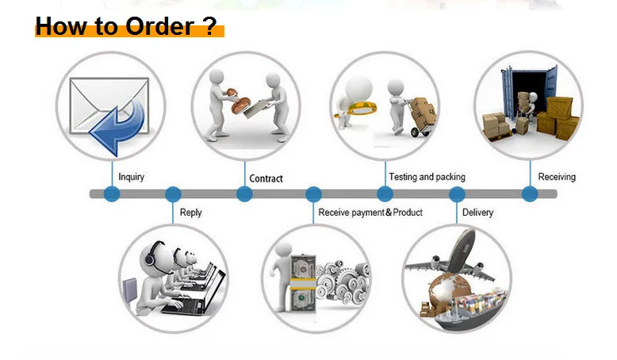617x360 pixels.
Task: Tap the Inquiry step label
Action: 131,177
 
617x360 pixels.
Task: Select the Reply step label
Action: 190,213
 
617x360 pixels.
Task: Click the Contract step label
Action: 266,178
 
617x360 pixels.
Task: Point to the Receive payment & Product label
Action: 370,213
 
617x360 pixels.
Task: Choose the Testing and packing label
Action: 427,177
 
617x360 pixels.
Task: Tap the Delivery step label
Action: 477,213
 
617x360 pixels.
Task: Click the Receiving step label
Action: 557,177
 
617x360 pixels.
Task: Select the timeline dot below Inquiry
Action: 112,194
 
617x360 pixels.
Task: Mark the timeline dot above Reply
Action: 172,194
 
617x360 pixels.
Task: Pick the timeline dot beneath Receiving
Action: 530,194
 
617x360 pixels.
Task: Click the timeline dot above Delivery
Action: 457,194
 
